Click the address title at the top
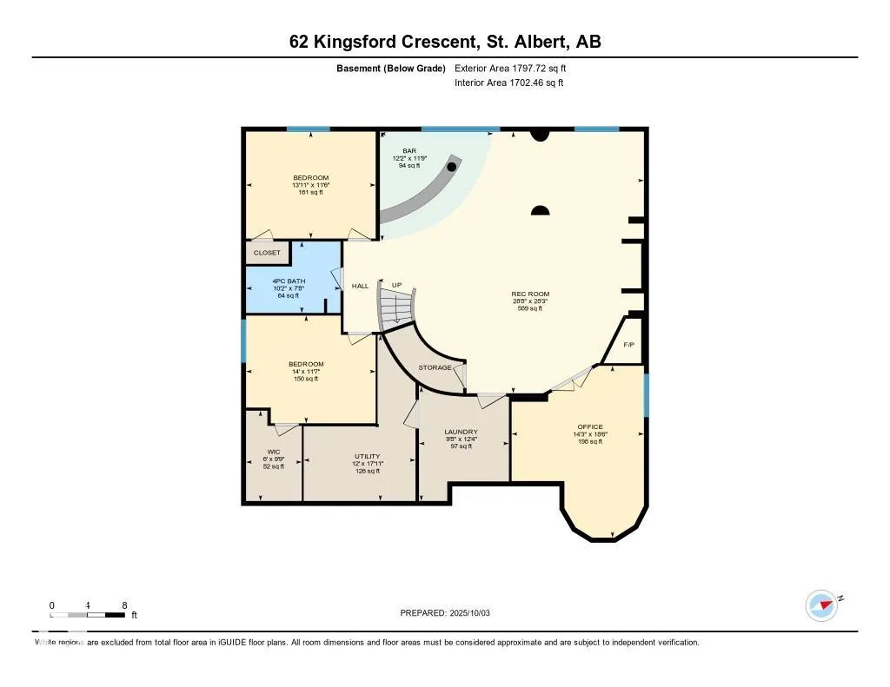(444, 41)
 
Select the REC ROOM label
(530, 294)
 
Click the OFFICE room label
(590, 426)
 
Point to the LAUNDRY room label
(461, 432)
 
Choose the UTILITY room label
(367, 456)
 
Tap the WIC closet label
(273, 452)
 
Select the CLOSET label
(267, 253)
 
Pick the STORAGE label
(435, 367)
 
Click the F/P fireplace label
(629, 345)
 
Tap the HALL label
(360, 286)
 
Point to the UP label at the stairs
(396, 285)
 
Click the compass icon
(821, 605)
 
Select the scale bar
(88, 615)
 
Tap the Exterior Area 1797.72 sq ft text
(516, 68)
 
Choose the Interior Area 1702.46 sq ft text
(508, 83)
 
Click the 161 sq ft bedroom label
(310, 192)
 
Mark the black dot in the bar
(452, 165)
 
